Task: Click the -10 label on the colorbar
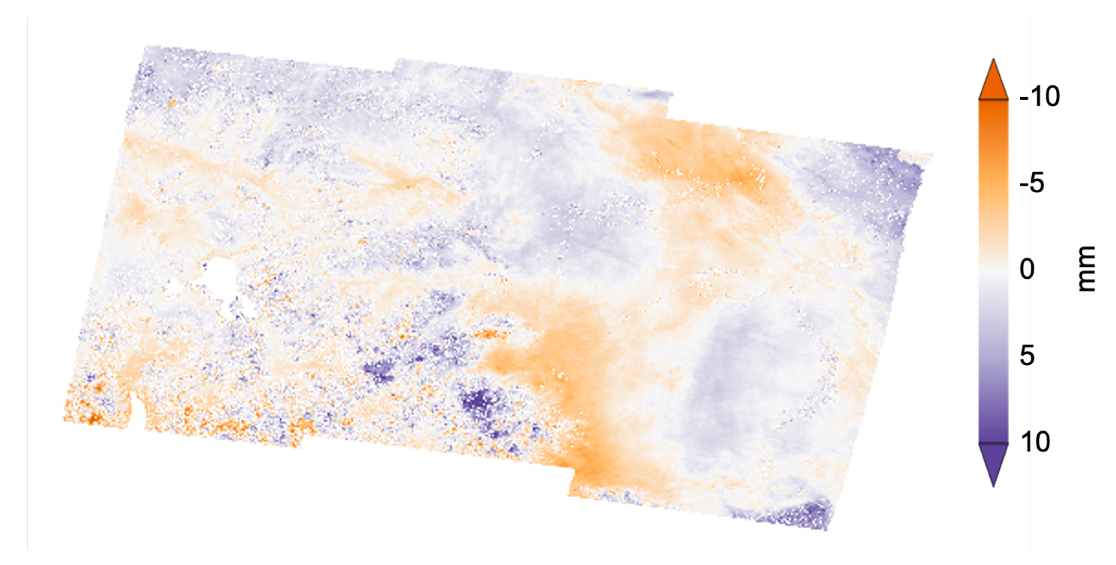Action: (1039, 97)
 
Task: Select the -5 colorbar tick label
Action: (1032, 183)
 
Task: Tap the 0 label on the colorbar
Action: (1027, 269)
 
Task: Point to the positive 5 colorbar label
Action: (1027, 356)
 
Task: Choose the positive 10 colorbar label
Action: (1035, 442)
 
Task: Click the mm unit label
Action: (1086, 269)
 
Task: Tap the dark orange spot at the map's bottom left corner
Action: (93, 418)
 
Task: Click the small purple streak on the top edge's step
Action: (653, 95)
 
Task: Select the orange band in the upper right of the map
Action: (704, 157)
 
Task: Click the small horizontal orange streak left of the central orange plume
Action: (491, 333)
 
